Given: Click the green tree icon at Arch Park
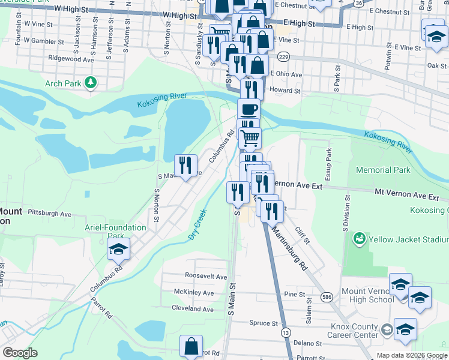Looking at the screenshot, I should (91, 82).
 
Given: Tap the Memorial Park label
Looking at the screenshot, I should (383, 170).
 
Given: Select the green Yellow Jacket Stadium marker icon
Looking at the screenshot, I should (360, 239).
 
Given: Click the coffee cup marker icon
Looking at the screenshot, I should (248, 110).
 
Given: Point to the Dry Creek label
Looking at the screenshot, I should (197, 224).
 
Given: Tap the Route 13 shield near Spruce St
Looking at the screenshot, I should (285, 332).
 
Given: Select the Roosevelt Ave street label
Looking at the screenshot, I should (206, 277).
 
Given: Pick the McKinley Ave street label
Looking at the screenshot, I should (194, 293).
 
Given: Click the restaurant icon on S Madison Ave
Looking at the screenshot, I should (185, 165).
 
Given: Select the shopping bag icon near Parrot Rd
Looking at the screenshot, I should (191, 347).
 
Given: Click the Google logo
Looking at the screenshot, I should (20, 353).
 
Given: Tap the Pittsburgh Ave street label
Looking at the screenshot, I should (49, 214).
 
